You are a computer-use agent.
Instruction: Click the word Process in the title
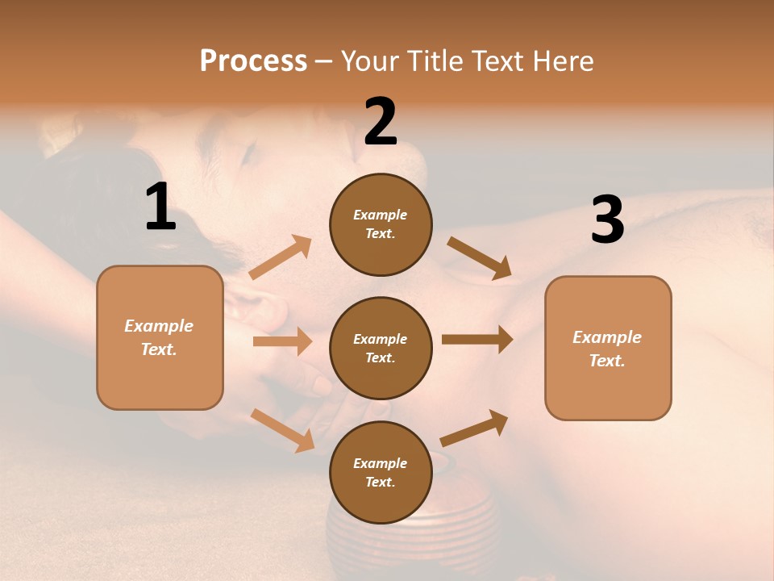[253, 61]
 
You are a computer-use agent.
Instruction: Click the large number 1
[160, 207]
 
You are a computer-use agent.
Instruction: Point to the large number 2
[381, 122]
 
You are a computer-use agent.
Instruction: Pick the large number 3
[607, 220]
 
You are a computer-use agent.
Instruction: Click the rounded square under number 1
[160, 337]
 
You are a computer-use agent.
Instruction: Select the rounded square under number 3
[608, 349]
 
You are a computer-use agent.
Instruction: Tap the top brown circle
[381, 224]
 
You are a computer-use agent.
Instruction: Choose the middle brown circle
[381, 349]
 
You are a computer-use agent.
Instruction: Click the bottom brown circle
[381, 473]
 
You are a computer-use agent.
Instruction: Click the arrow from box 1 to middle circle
[282, 341]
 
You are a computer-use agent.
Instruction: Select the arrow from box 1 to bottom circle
[283, 429]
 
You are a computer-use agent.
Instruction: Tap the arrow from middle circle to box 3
[477, 339]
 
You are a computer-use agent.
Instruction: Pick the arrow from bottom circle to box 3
[475, 428]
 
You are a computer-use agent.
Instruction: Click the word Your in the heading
[369, 61]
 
